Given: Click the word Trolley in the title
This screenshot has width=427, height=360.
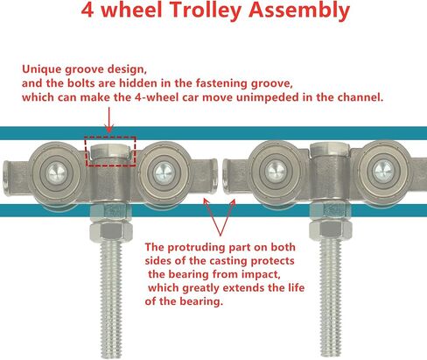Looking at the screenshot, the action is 206,10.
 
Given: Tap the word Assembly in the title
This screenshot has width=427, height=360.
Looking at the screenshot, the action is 299,11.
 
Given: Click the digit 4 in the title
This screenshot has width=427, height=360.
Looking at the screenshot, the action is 87,10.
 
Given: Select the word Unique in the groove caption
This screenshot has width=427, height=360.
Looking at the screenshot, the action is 41,69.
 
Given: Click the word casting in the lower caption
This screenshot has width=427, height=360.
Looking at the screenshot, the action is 228,261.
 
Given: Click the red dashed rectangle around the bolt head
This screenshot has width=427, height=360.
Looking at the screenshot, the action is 110,137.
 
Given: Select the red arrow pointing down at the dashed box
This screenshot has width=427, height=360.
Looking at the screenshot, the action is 109,120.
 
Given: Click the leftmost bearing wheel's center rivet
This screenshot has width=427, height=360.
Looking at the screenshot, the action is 57,173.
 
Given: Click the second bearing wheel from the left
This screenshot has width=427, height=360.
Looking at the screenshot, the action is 164,173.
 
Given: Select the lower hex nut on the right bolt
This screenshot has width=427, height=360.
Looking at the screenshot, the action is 330,230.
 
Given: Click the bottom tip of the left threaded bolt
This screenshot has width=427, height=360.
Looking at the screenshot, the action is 111,358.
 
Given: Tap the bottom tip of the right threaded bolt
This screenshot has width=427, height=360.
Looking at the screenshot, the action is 331,356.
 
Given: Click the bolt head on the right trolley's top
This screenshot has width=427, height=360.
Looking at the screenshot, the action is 330,150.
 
